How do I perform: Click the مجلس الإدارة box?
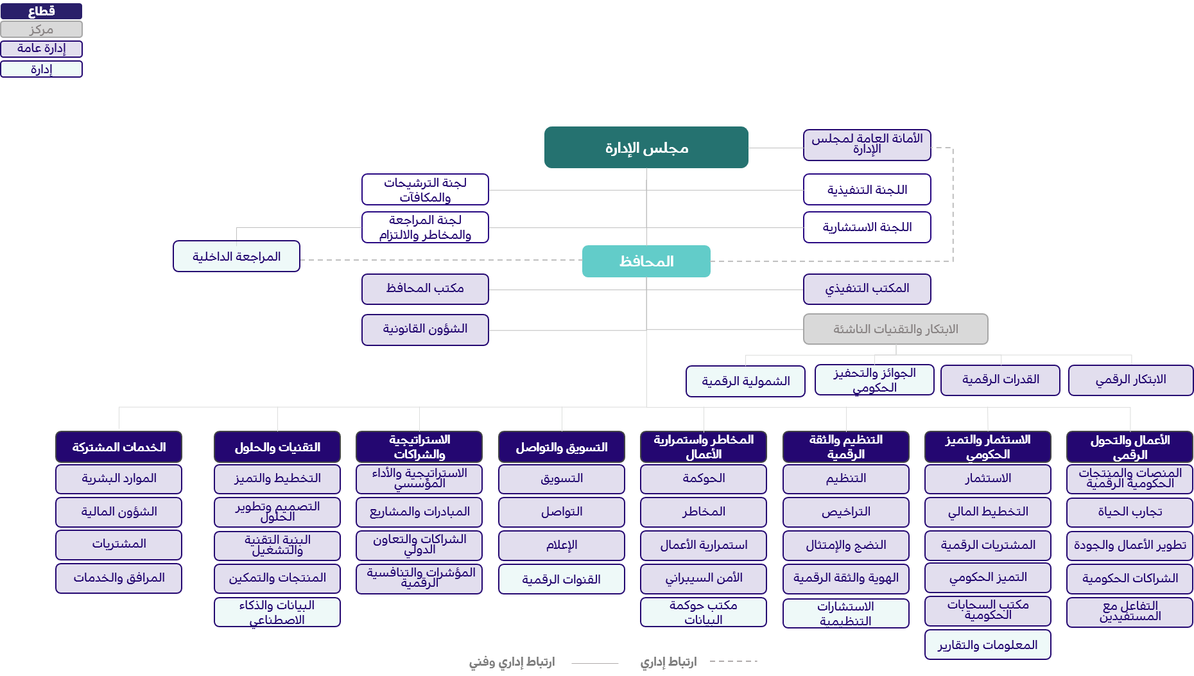pyautogui.click(x=646, y=148)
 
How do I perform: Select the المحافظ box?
pyautogui.click(x=646, y=261)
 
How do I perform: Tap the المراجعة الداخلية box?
pyautogui.click(x=236, y=256)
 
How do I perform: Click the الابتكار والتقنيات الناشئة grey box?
pyautogui.click(x=895, y=329)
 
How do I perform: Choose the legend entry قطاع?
pyautogui.click(x=42, y=11)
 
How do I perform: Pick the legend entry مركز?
pyautogui.click(x=42, y=30)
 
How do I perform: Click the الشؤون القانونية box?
pyautogui.click(x=425, y=329)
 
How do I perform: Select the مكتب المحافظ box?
pyautogui.click(x=425, y=289)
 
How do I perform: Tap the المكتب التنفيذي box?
pyautogui.click(x=867, y=289)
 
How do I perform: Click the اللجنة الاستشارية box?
pyautogui.click(x=867, y=227)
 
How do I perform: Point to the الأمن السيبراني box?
pyautogui.click(x=703, y=578)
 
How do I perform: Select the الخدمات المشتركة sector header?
pyautogui.click(x=119, y=447)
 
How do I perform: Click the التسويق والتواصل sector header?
pyautogui.click(x=561, y=447)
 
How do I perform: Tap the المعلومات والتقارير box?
pyautogui.click(x=987, y=645)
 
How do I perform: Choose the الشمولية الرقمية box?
pyautogui.click(x=745, y=381)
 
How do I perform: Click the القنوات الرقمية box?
pyautogui.click(x=561, y=579)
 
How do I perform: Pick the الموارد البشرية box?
pyautogui.click(x=119, y=479)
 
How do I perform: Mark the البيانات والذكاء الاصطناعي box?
pyautogui.click(x=277, y=612)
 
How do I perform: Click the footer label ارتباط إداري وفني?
pyautogui.click(x=512, y=662)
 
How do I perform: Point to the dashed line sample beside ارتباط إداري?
pyautogui.click(x=733, y=661)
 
